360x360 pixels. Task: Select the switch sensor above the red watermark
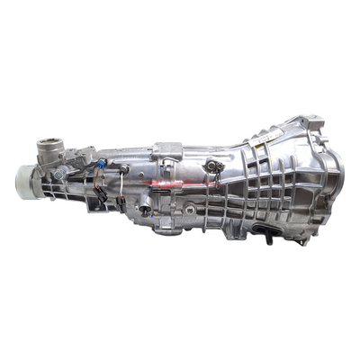pyautogui.click(x=215, y=166)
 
